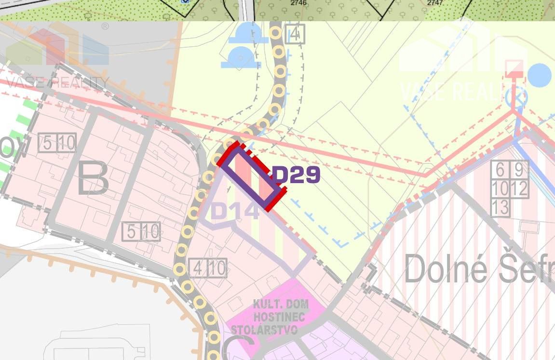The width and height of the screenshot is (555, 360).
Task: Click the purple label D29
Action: pos(297,175)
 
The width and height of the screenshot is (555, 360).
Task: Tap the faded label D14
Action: pos(235,211)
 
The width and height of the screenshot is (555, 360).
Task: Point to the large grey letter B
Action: pos(93,177)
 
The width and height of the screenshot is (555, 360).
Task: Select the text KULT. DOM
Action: pos(280,305)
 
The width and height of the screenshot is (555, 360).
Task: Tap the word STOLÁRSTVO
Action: pos(264,330)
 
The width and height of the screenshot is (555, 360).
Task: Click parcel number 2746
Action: pos(298,3)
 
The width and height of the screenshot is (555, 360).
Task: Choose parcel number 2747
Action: pos(435,3)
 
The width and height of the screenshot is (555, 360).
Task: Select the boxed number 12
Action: pos(519,188)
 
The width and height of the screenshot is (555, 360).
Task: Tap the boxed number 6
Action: pos(500,170)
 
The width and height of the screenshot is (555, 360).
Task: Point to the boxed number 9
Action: pos(519,170)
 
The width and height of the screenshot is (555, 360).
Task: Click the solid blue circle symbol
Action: pos(539,75)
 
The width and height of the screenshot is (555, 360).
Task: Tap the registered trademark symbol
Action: pos(105,27)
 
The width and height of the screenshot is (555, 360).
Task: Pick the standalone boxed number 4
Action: pos(295,34)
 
